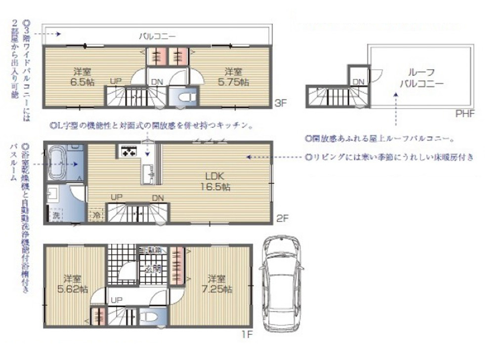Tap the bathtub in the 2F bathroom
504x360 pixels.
(57, 162)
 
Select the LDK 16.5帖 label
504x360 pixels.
(215, 181)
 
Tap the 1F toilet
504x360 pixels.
(148, 318)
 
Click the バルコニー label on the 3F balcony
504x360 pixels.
(157, 36)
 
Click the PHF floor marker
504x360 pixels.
(465, 114)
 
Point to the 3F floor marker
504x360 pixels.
(281, 103)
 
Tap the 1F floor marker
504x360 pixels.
(247, 334)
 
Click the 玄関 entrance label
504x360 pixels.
(153, 269)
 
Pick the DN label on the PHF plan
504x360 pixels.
(358, 82)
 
